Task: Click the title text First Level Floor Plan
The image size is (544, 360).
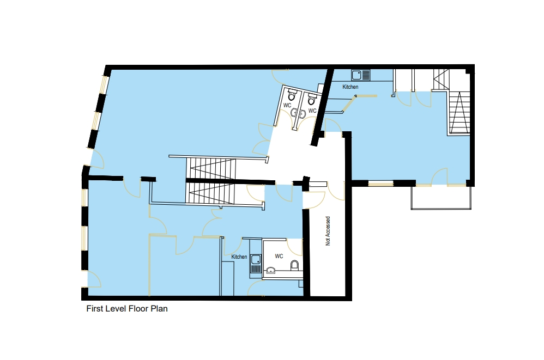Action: [127, 309]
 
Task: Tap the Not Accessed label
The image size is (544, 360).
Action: [328, 231]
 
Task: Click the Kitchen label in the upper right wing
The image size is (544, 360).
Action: [350, 87]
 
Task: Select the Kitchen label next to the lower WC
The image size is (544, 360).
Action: [239, 257]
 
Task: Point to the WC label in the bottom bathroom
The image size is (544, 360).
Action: [279, 256]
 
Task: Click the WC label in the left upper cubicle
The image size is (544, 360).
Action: [287, 105]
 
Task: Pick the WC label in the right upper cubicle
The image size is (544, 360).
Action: [312, 111]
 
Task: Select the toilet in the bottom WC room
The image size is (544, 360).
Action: [294, 265]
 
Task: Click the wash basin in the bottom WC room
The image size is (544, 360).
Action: [270, 270]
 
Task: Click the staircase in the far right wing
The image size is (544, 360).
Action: [460, 113]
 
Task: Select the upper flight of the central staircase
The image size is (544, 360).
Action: [211, 168]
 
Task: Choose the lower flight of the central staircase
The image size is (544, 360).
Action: [210, 193]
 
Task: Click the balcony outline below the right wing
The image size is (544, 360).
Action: [441, 198]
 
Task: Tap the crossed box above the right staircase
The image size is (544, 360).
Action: [441, 80]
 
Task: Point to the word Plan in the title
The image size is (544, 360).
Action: [159, 309]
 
